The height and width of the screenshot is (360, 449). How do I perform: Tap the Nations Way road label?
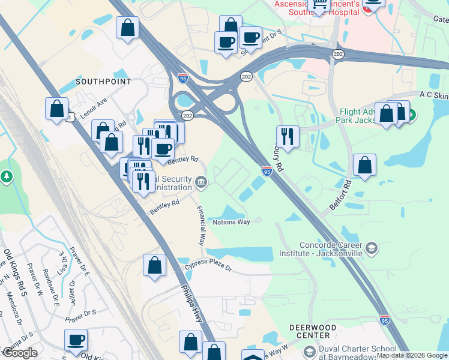point(231,222)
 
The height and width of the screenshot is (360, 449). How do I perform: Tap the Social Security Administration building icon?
point(201,182)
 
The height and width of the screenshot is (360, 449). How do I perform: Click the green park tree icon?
point(7,176)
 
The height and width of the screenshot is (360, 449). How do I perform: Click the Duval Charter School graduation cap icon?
point(309,351)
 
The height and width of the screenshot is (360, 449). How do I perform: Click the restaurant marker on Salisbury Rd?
point(288,136)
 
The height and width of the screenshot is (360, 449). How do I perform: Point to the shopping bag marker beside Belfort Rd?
point(364,164)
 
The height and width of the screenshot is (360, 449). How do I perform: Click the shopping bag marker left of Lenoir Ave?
point(56,109)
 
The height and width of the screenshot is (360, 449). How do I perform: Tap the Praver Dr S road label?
point(81,313)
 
